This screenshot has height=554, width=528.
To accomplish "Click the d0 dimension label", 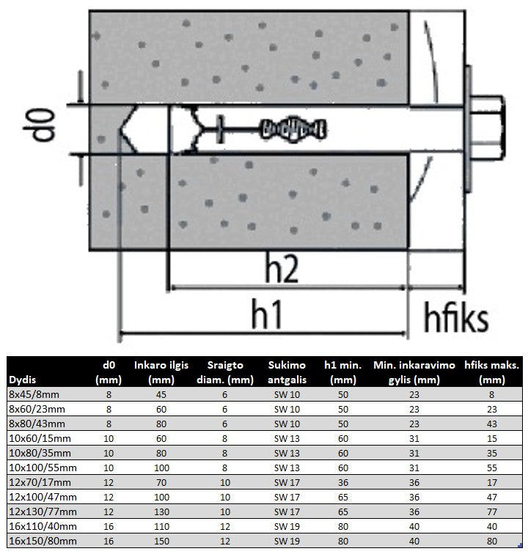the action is [x=40, y=125].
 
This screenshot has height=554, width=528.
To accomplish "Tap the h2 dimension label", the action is [x=282, y=269].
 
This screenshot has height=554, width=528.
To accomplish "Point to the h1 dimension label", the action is [x=266, y=314].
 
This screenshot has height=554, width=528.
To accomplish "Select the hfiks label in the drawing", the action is [x=456, y=317].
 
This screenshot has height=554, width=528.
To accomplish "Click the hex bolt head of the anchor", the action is [x=488, y=127].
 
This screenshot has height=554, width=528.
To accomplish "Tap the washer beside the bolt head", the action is [x=468, y=129].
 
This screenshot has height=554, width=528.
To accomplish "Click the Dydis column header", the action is [x=22, y=380].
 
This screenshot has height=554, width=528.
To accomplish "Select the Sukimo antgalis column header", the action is [x=287, y=372].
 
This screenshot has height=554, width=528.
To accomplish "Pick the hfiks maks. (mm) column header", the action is [x=491, y=372].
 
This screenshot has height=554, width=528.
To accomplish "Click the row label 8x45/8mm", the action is [x=34, y=394].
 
